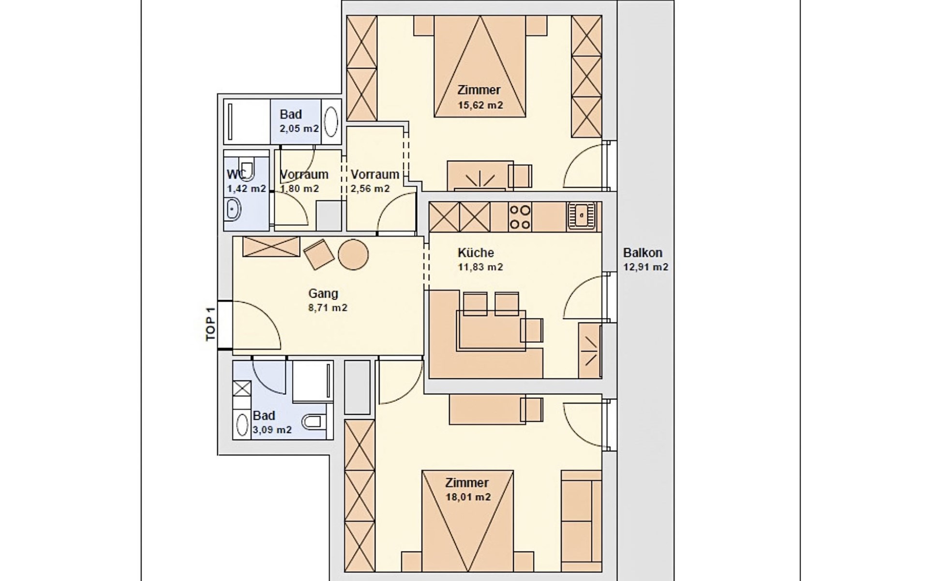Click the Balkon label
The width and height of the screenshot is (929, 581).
click(642, 253)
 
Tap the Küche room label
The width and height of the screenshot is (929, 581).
click(476, 253)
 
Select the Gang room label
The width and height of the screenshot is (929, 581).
click(323, 293)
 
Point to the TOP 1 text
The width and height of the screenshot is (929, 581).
click(210, 324)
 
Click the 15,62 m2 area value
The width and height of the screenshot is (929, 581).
click(480, 105)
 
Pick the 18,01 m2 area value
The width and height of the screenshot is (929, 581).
click(468, 497)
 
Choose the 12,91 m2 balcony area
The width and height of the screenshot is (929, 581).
click(645, 267)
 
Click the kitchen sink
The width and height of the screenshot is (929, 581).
click(582, 216)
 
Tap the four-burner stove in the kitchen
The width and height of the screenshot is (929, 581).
click(520, 216)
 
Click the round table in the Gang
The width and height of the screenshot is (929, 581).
click(353, 254)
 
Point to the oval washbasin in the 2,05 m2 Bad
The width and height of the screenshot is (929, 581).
click(331, 122)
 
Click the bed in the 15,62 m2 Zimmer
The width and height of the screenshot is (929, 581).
click(479, 66)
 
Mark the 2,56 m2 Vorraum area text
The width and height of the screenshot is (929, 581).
click(370, 189)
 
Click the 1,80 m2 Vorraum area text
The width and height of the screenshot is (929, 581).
click(300, 189)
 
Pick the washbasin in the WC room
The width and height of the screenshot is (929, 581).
click(233, 210)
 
